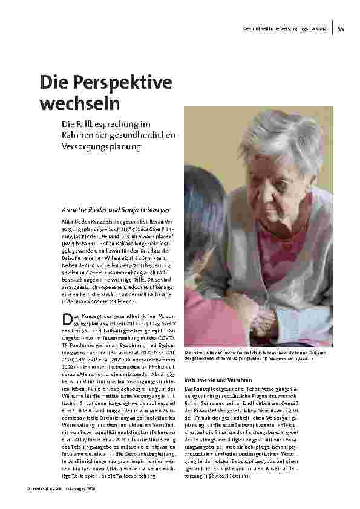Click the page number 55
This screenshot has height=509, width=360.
(x=341, y=28)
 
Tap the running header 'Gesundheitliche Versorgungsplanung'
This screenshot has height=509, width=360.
(x=284, y=29)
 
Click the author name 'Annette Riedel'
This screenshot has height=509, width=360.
(x=85, y=209)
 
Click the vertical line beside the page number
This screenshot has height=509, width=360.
(x=333, y=28)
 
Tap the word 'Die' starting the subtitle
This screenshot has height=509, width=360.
(x=67, y=125)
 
